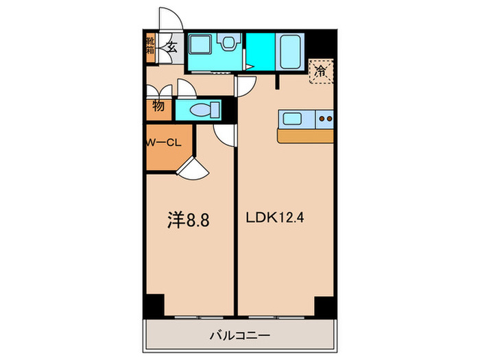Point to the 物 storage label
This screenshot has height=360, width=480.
click(x=158, y=107)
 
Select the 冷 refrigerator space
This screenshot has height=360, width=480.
click(x=320, y=70)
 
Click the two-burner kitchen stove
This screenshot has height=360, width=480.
click(x=325, y=119)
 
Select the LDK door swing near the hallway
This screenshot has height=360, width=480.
click(x=246, y=86)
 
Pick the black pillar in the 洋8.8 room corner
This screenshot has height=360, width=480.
click(x=154, y=304)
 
